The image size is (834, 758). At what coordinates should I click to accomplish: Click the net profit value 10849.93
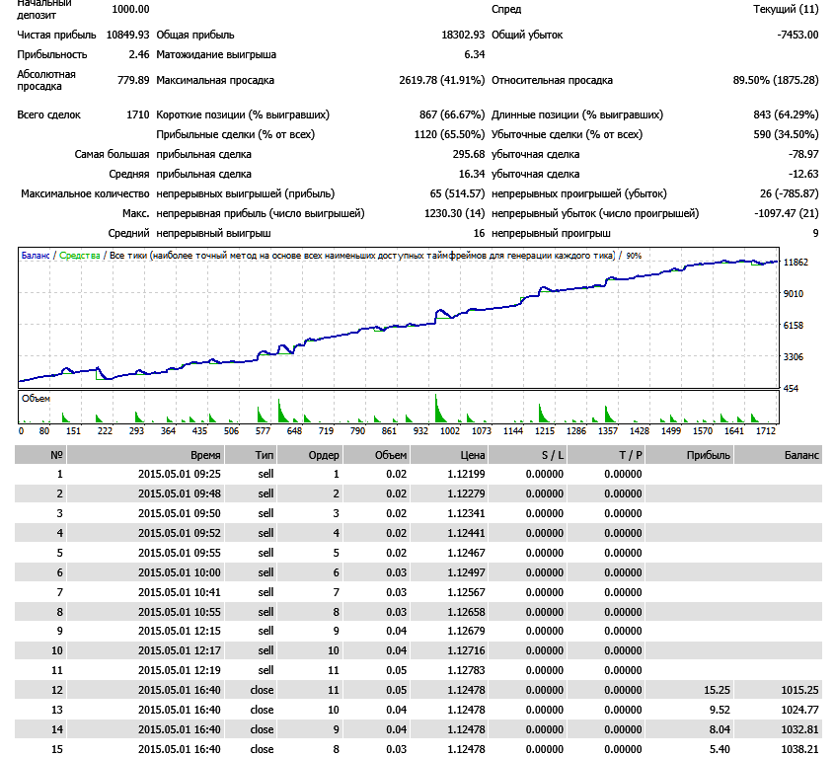coord(127,36)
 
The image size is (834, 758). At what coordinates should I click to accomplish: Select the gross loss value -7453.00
coord(797,36)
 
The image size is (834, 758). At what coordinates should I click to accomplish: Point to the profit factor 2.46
coord(139,55)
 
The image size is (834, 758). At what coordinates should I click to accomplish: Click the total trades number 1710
coord(138,114)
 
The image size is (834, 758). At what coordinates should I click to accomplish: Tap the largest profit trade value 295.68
coord(469,154)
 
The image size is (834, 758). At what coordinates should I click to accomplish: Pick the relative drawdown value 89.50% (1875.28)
coord(776,80)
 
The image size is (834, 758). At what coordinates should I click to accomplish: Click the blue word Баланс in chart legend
coord(36,256)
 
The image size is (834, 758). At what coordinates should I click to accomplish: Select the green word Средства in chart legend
coord(80,256)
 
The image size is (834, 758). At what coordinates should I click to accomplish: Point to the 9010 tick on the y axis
coord(794,293)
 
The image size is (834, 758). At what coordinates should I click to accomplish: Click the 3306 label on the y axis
coord(794,357)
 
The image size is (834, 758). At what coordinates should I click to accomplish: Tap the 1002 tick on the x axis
coord(450,431)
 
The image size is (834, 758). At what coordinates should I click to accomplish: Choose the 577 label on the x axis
coord(263,431)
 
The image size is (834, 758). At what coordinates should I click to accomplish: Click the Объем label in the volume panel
coord(36,399)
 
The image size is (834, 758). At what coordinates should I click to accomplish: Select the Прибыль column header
coord(709,455)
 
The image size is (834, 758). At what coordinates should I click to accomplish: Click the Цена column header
coord(473,455)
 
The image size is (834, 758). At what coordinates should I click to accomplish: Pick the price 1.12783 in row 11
coord(467,670)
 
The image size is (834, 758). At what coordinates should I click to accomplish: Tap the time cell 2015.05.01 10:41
coord(180,592)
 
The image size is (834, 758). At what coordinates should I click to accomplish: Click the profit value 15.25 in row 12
coord(717,690)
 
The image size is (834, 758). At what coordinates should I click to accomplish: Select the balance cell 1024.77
coord(800,710)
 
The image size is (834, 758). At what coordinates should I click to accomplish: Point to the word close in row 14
coord(262,729)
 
